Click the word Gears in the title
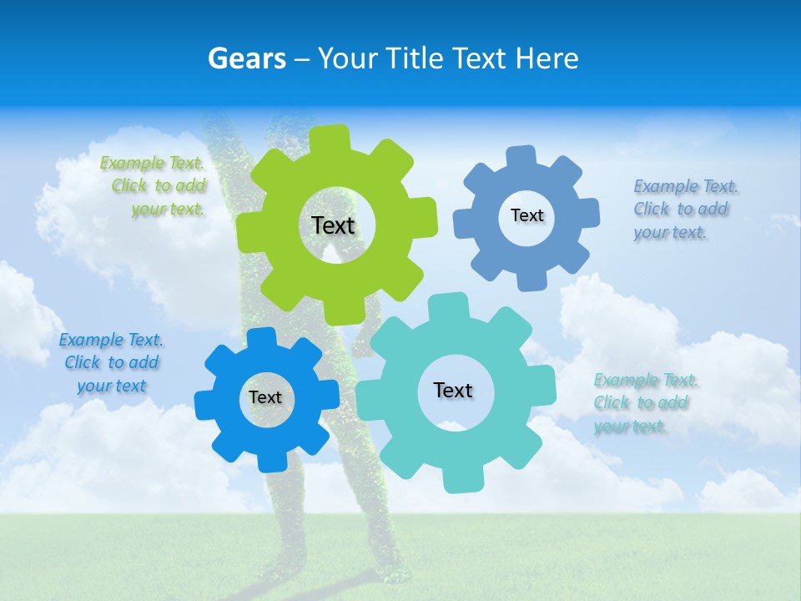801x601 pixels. [x=246, y=58]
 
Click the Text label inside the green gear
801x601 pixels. [x=333, y=225]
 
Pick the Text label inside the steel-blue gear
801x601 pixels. [x=526, y=215]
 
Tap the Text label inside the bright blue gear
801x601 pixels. [x=265, y=397]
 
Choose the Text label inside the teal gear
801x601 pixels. [x=453, y=390]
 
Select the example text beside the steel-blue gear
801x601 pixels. [x=684, y=209]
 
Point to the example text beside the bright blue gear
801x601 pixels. [x=111, y=362]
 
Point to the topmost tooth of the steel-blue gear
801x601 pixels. [x=521, y=155]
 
